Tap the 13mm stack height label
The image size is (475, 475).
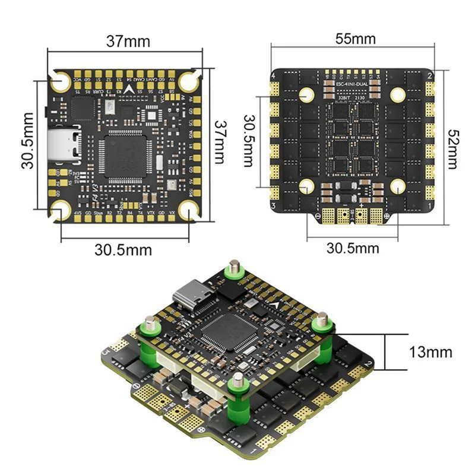pyautogui.click(x=430, y=352)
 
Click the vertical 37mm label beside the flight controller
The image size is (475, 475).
pyautogui.click(x=221, y=142)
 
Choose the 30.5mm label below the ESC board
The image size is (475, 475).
pyautogui.click(x=353, y=248)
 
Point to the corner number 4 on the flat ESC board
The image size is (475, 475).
pyautogui.click(x=274, y=76)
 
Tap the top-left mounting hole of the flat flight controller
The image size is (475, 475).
pyautogui.click(x=61, y=81)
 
